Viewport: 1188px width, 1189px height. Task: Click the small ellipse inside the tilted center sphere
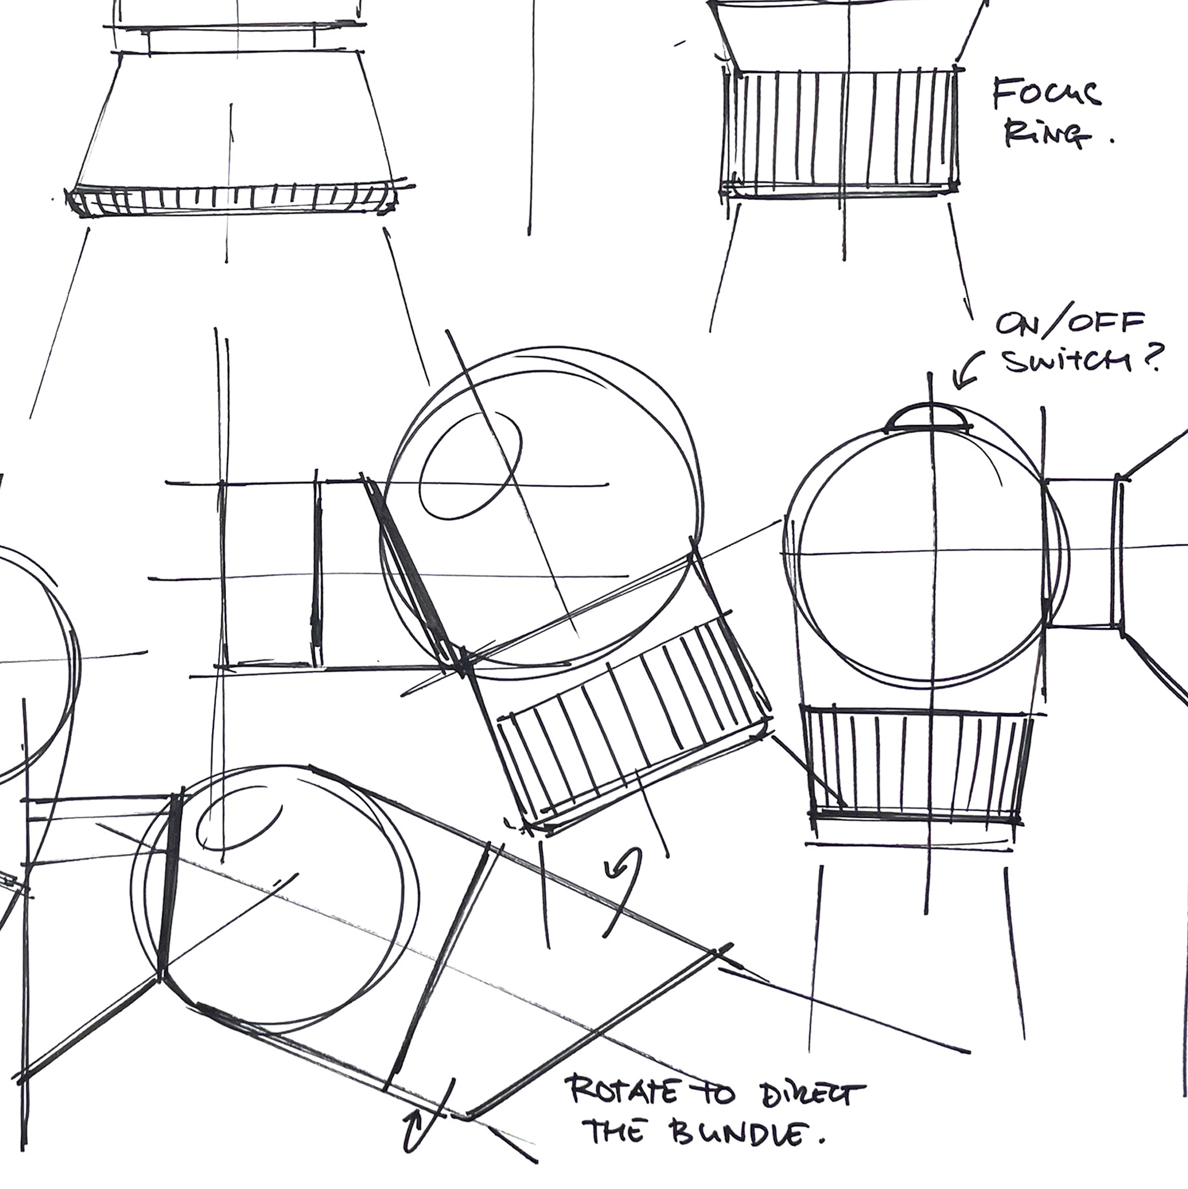click(471, 465)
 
